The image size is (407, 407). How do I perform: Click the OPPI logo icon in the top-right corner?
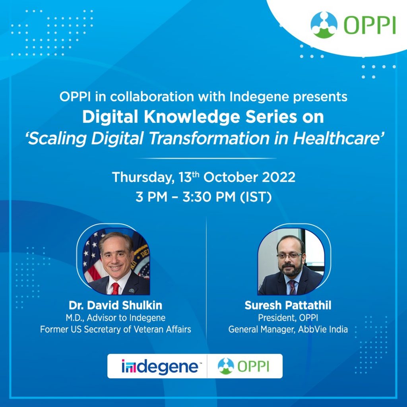tap(324, 25)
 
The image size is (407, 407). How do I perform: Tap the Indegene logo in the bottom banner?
tap(160, 366)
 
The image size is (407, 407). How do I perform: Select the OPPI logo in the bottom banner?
tap(243, 366)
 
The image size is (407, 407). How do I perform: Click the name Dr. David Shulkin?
tap(116, 305)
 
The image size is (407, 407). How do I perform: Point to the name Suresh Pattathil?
tap(288, 305)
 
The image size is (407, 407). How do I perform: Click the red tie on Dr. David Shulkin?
tap(115, 288)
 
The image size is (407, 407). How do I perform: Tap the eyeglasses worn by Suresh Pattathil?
tap(289, 256)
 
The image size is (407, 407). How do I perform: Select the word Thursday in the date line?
tap(143, 178)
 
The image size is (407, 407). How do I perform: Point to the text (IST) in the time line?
tap(256, 197)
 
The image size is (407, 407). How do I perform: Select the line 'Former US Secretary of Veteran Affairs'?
tap(116, 329)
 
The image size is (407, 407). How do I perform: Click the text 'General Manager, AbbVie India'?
tap(288, 329)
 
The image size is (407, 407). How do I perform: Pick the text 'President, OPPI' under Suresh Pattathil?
tap(288, 318)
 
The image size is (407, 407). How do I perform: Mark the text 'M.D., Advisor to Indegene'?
tap(116, 318)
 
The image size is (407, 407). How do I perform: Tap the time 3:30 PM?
tap(209, 197)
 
